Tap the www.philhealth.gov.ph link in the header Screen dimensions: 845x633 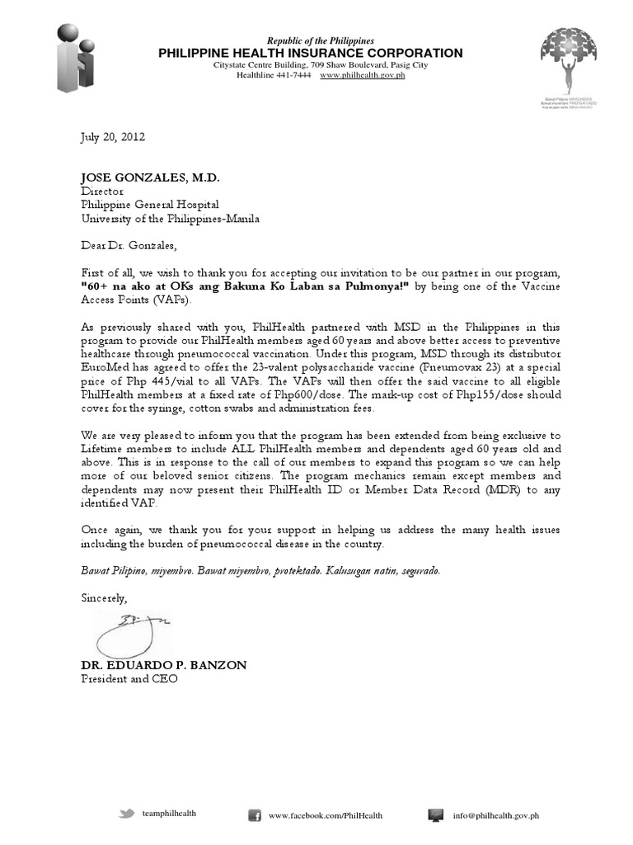[362, 75]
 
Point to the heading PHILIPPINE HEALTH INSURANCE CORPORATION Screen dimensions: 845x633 [311, 53]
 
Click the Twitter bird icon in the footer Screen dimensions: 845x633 [126, 814]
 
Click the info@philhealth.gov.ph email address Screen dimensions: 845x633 [495, 815]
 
